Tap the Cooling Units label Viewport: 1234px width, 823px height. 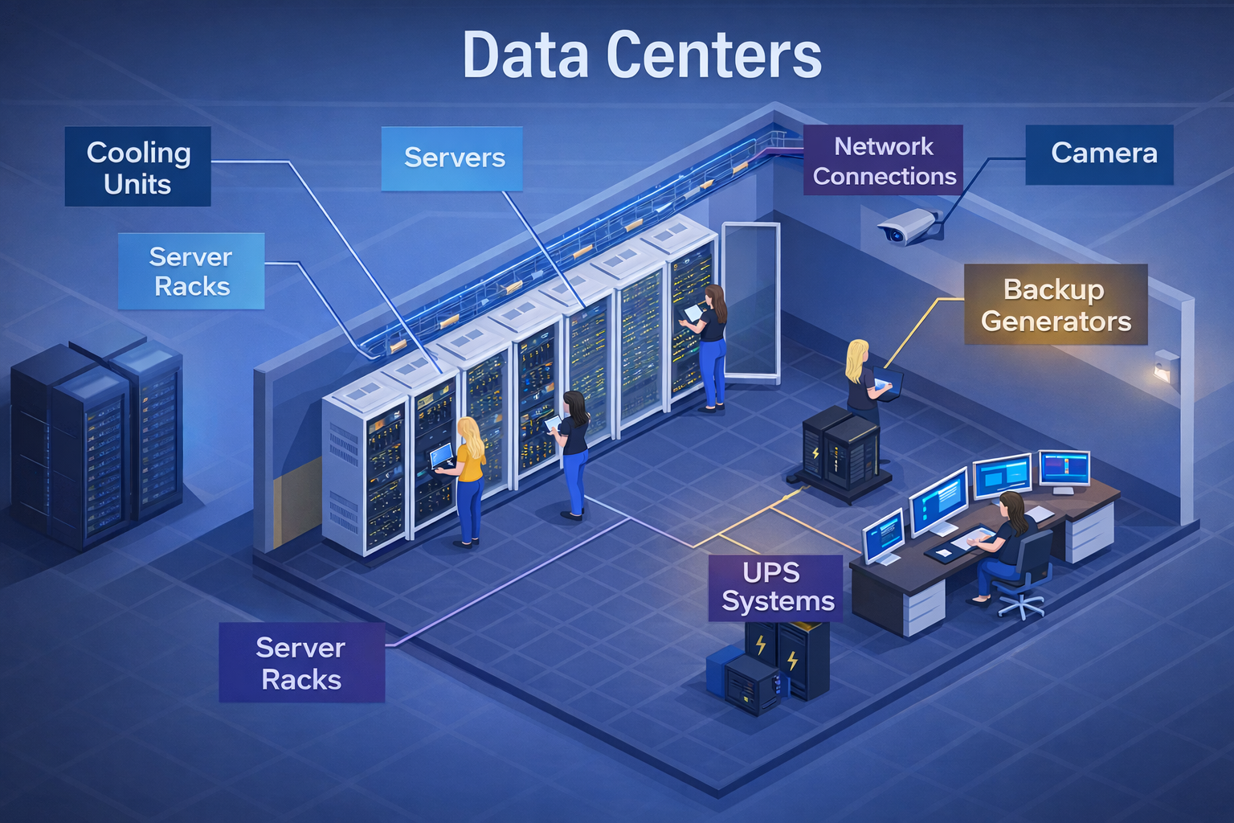coord(137,167)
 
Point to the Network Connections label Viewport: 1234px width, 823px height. coord(883,161)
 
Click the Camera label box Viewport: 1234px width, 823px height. coord(1099,154)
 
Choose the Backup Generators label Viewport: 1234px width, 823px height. coord(1055,305)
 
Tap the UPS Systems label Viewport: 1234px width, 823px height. coord(776,588)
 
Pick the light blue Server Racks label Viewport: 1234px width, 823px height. coord(191,271)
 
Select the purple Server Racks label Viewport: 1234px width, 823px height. coord(301,663)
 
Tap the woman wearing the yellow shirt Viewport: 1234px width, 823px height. coord(469,482)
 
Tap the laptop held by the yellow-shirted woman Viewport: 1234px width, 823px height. coord(441,457)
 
